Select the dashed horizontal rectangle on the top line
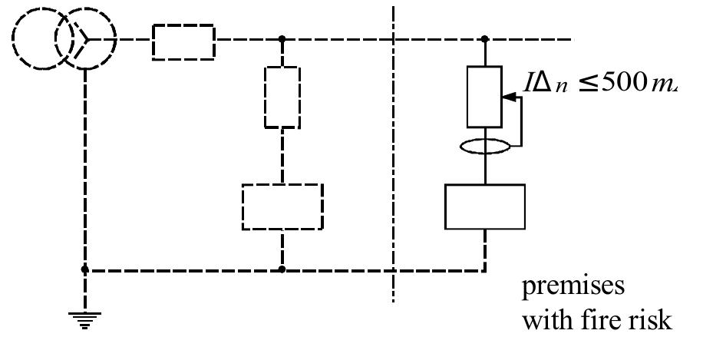pos(183,41)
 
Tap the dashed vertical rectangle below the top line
pos(282,97)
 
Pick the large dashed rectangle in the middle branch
pos(282,206)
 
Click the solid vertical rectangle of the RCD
pos(485,97)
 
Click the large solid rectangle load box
pos(485,206)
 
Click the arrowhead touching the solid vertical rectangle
pos(508,97)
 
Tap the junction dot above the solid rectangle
pos(485,38)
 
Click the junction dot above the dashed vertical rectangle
pos(282,38)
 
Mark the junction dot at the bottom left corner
pos(85,269)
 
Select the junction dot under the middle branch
pos(282,269)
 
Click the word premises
pos(573,288)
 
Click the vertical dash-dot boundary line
pos(394,154)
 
